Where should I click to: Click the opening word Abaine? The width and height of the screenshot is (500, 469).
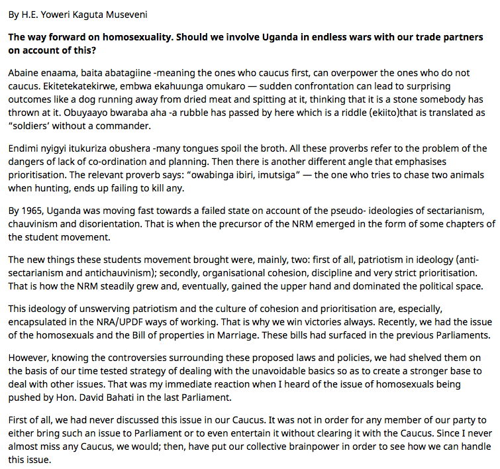(25, 72)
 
